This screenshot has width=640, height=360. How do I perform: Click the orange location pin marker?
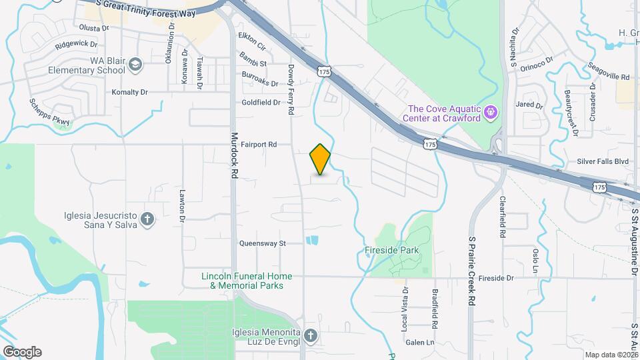[x=321, y=159]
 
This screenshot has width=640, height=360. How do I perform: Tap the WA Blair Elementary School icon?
[x=136, y=65]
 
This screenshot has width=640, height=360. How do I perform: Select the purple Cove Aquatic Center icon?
[x=491, y=111]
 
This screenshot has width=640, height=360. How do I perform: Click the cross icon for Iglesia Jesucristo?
[x=147, y=219]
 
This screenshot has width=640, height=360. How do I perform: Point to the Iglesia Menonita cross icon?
[x=311, y=335]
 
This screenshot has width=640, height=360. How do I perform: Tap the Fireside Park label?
[x=391, y=251]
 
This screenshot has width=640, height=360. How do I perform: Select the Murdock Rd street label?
[x=234, y=153]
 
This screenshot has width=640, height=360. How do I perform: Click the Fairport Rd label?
[x=258, y=144]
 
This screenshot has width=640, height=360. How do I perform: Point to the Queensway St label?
[x=262, y=243]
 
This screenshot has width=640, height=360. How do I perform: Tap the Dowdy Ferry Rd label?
[x=291, y=89]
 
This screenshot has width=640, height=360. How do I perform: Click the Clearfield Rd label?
[x=502, y=217]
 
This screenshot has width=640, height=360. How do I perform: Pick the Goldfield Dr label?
[x=261, y=103]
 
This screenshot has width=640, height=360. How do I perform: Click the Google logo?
[x=22, y=352]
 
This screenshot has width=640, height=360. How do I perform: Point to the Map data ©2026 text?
[x=611, y=355]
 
